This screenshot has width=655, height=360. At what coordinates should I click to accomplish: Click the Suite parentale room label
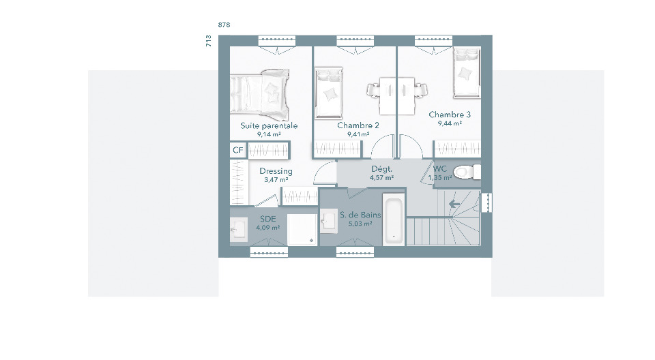tap(269, 125)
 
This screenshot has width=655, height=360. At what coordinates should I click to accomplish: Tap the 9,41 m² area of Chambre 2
tap(358, 134)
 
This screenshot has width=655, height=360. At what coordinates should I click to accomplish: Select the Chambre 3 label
tap(450, 115)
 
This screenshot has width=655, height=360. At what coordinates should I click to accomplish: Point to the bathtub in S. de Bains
tap(394, 220)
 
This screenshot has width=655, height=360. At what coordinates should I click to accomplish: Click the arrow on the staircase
tap(454, 205)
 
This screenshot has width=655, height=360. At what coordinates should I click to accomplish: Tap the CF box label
tap(237, 150)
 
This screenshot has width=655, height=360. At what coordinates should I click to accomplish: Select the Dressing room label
tap(276, 171)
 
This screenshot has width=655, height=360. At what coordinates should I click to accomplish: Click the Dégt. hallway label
tap(382, 169)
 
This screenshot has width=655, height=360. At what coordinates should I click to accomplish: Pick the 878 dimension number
tap(224, 25)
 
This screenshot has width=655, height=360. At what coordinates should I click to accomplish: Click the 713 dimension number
tap(209, 41)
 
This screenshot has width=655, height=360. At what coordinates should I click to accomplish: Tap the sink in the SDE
tap(239, 230)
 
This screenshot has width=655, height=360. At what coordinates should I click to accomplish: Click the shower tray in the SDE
tap(302, 230)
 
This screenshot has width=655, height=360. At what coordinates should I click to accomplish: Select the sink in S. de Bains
tap(329, 220)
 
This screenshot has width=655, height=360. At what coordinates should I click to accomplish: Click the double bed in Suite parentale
tap(259, 94)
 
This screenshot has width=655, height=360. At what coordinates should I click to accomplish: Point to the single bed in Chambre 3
tap(467, 73)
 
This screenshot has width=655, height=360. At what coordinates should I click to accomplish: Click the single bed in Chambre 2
tap(329, 93)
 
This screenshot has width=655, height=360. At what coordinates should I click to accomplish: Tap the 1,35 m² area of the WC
tap(440, 177)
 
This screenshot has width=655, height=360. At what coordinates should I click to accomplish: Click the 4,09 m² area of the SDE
tap(267, 228)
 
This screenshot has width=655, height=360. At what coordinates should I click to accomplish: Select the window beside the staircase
tap(486, 202)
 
